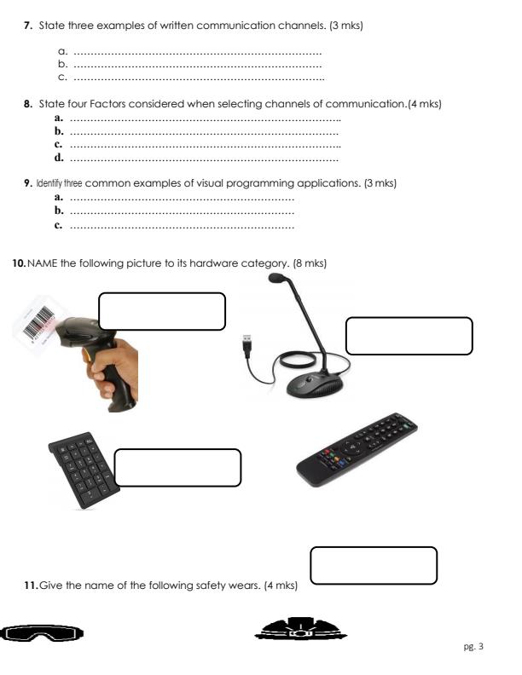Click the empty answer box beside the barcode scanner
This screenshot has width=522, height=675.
[162, 311]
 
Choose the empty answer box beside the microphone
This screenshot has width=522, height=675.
[409, 336]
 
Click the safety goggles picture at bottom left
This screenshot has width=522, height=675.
[43, 633]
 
